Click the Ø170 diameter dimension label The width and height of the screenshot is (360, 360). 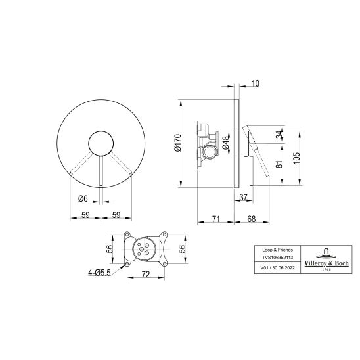pos(178,143)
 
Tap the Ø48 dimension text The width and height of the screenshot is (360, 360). pos(226,143)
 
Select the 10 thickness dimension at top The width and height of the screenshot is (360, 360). pos(256,83)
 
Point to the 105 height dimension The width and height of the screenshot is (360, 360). pos(297,158)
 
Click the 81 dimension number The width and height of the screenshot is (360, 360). pos(279,164)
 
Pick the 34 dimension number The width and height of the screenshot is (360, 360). pos(279,135)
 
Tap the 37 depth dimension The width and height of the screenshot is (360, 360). pos(243,197)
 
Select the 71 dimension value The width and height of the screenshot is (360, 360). pos(216,219)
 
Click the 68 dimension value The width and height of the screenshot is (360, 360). pos(252,219)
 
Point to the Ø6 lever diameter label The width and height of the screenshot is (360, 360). pos(83,198)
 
